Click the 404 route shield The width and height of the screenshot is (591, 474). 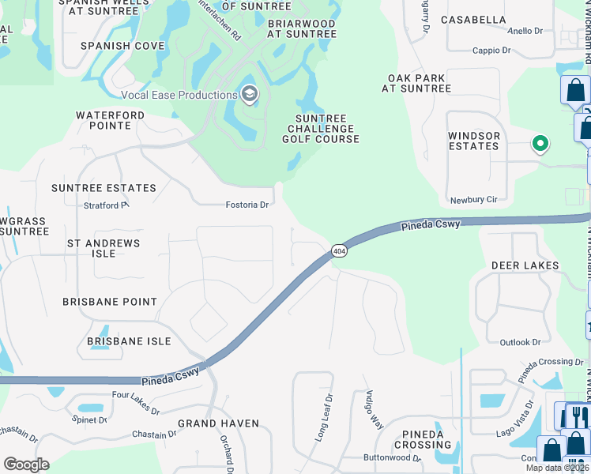[339, 250]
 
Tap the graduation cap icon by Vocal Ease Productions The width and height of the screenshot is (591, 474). [250, 95]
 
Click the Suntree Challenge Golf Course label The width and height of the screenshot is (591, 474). [321, 129]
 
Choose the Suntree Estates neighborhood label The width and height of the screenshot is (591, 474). [104, 188]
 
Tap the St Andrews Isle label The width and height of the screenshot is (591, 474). [104, 248]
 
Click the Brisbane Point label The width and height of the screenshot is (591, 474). [110, 302]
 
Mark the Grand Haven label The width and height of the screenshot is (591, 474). [218, 423]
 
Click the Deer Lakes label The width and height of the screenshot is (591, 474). [525, 265]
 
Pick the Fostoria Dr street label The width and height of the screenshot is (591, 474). [247, 205]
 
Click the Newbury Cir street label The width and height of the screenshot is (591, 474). [473, 200]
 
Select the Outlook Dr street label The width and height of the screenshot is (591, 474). [520, 342]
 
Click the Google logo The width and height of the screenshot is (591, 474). [26, 465]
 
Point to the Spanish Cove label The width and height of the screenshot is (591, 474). [122, 46]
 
